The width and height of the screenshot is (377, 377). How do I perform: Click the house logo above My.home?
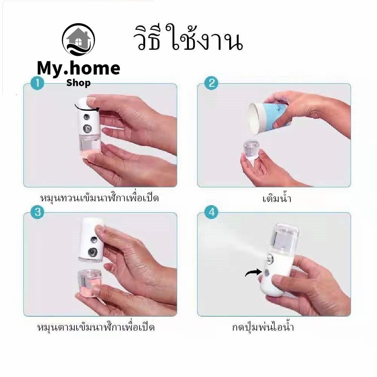[x=78, y=40]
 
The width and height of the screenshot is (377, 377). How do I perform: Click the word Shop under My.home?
[x=78, y=83]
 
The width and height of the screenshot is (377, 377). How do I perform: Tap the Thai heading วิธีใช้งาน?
[x=188, y=38]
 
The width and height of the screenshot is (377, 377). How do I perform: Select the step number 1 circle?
[x=37, y=83]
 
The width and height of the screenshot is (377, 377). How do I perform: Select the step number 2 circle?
[x=211, y=83]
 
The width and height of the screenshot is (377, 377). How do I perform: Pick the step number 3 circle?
[x=37, y=212]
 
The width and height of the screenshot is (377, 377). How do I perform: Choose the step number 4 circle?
[x=211, y=212]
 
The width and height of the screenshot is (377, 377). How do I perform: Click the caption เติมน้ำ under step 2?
[x=277, y=199]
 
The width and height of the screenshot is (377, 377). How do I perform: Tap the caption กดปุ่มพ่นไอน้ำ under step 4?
[x=263, y=327]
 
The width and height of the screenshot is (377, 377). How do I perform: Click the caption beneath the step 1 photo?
[x=99, y=198]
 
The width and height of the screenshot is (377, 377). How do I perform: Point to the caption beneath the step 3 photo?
[x=96, y=327]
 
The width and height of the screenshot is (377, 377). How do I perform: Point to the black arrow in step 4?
[x=253, y=273]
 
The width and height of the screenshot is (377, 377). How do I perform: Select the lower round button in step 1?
[x=87, y=129]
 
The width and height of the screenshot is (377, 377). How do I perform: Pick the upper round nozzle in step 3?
[x=94, y=239]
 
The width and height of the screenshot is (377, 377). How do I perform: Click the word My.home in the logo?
[x=78, y=69]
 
